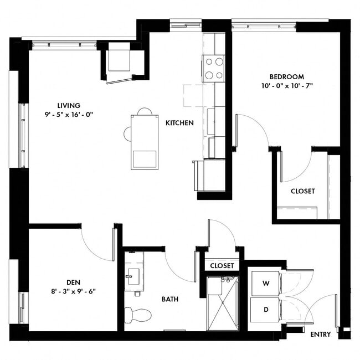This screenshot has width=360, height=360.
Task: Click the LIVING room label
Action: pos(69,105)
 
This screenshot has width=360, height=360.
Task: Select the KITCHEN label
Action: pos(179,122)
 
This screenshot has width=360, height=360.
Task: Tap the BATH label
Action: pos(169,299)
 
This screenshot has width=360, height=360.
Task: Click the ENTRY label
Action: pos(321,335)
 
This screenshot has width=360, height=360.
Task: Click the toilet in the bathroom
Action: pos(137,315)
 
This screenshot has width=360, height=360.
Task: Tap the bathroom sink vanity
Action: pos(133,275)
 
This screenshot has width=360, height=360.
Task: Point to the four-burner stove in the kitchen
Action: pos(214,69)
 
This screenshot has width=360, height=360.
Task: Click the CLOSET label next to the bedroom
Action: pos(302,191)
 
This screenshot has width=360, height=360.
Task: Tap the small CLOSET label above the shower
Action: pos(222,266)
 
